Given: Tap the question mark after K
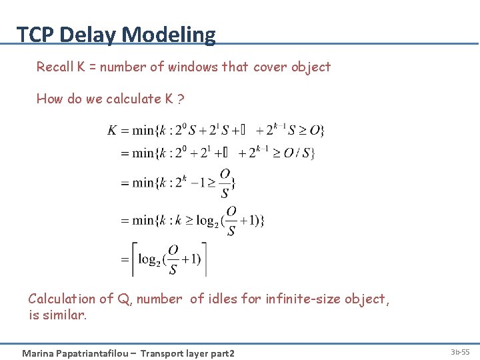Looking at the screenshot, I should pyautogui.click(x=181, y=99).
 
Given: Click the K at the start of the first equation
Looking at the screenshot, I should pyautogui.click(x=113, y=129).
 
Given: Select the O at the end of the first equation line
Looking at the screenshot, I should pyautogui.click(x=315, y=129).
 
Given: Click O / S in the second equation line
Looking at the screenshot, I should pyautogui.click(x=297, y=153).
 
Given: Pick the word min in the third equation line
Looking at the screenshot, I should pyautogui.click(x=143, y=183).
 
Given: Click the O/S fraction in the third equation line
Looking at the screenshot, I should pyautogui.click(x=225, y=183).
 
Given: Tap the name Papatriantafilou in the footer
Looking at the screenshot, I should pyautogui.click(x=95, y=353).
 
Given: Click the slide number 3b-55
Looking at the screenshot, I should pyautogui.click(x=459, y=352).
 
